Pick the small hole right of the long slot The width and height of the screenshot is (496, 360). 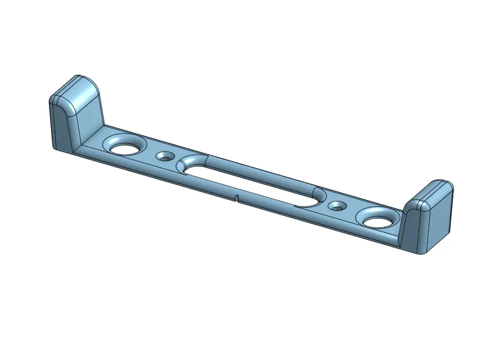pos(337,206)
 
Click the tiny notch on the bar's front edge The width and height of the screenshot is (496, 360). pos(237,198)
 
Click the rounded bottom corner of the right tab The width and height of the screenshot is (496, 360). pos(421,252)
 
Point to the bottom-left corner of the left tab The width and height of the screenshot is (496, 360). pos(56,148)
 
